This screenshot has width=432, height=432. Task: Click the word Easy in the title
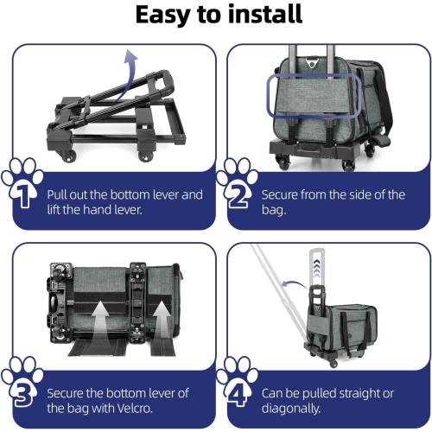point(163,16)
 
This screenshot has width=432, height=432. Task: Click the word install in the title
point(265,14)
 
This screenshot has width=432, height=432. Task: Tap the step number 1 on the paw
point(23,195)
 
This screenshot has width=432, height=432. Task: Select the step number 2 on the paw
point(238,195)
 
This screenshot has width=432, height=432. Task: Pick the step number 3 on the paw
point(23,394)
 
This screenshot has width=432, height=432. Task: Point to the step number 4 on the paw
point(238,394)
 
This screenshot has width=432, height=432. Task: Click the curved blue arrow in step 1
point(127,75)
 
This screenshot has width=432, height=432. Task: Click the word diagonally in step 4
point(290,409)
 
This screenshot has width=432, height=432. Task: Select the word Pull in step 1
point(57,194)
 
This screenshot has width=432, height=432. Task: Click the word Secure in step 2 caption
point(279,194)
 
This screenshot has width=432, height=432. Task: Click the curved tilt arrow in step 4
point(295,283)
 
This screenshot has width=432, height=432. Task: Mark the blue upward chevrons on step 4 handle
point(316,268)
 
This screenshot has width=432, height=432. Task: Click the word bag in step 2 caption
point(274,210)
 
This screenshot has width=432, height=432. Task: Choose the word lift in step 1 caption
point(54,209)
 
